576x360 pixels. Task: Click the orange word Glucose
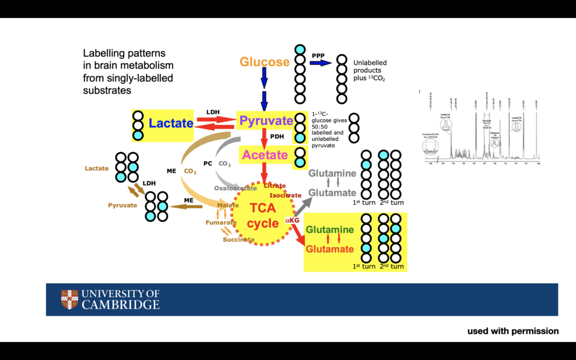264,62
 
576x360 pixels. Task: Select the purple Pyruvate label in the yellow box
266,121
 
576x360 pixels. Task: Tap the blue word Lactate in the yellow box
171,123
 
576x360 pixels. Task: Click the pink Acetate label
265,155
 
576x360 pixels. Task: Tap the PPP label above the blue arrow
318,55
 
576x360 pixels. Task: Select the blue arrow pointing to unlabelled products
321,63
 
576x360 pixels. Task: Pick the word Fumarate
220,223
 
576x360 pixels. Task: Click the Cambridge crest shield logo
70,299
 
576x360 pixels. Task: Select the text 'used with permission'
513,331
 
